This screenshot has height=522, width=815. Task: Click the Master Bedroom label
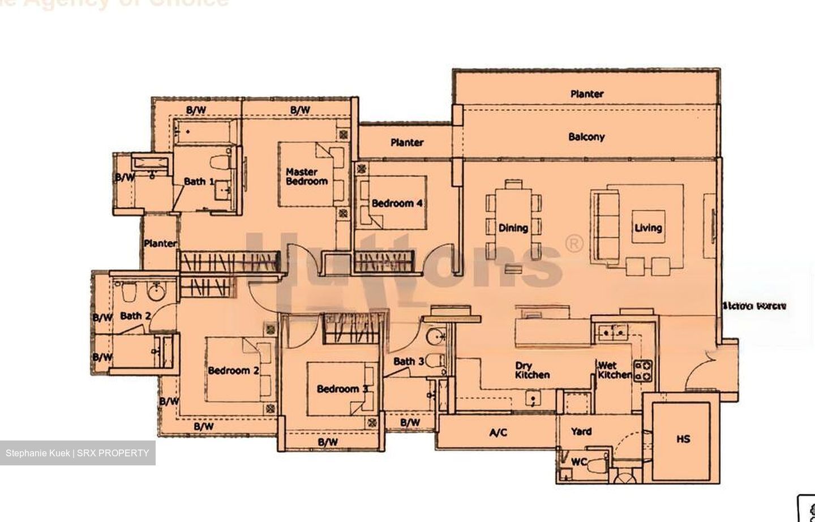(x=306, y=177)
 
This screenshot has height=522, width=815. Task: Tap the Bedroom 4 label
(x=397, y=203)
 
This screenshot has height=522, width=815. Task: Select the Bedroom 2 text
(x=233, y=371)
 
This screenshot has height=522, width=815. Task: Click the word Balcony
(x=586, y=137)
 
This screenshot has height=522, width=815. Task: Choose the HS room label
(x=683, y=439)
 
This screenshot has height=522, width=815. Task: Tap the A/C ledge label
(x=498, y=433)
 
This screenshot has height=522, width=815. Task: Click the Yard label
(x=581, y=431)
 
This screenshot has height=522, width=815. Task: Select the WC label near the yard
(x=578, y=462)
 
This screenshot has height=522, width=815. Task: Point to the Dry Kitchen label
(x=532, y=371)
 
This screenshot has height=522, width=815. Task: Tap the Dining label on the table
(x=513, y=228)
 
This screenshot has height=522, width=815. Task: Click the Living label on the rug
(x=648, y=228)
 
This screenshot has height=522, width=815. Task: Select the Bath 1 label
(x=199, y=182)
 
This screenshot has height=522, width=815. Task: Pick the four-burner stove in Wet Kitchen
(x=642, y=371)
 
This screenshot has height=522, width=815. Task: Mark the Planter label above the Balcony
(x=586, y=94)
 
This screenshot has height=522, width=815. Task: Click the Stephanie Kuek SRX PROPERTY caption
(x=78, y=453)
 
